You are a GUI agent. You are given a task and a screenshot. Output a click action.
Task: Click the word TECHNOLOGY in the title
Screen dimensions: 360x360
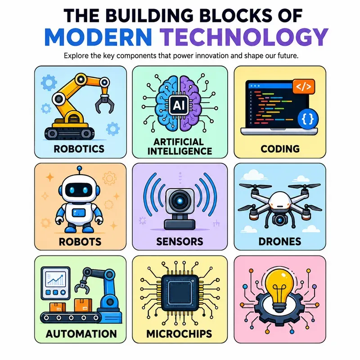pos(244,37)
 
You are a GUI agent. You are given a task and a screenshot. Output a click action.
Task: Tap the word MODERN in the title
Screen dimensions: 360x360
pos(98,37)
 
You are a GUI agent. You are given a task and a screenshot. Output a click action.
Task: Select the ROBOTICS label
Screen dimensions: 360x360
pos(79,149)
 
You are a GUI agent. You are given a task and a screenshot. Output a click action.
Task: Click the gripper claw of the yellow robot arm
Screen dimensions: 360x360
pos(105,104)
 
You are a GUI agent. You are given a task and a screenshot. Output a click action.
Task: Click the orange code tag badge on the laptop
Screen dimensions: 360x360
pos(303,86)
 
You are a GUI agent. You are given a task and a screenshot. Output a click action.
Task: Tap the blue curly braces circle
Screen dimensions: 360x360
pos(308,119)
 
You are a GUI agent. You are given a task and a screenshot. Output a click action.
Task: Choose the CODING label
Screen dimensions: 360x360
pos(280,149)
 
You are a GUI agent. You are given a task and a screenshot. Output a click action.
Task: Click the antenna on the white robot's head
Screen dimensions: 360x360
pos(80,171)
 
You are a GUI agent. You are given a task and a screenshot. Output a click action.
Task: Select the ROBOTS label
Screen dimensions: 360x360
pos(80,242)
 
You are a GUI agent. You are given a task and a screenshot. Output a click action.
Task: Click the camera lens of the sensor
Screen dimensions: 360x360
pos(180,201)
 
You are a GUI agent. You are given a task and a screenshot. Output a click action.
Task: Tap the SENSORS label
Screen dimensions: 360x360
pos(180,242)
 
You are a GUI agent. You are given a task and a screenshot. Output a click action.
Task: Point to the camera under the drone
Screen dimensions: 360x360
pos(279,220)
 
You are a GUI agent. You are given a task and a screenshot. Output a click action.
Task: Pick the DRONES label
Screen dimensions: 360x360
pos(280,242)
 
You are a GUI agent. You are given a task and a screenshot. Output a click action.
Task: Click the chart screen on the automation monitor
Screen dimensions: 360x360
pos(55,279)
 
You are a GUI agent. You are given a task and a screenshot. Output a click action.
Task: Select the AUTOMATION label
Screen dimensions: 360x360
pos(81,334)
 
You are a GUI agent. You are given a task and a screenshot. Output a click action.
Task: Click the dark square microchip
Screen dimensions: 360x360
pos(180,293)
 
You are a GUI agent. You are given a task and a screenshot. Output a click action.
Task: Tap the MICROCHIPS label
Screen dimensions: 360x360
pos(179,334)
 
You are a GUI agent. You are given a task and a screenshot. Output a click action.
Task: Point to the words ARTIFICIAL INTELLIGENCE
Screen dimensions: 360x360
pos(180,147)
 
